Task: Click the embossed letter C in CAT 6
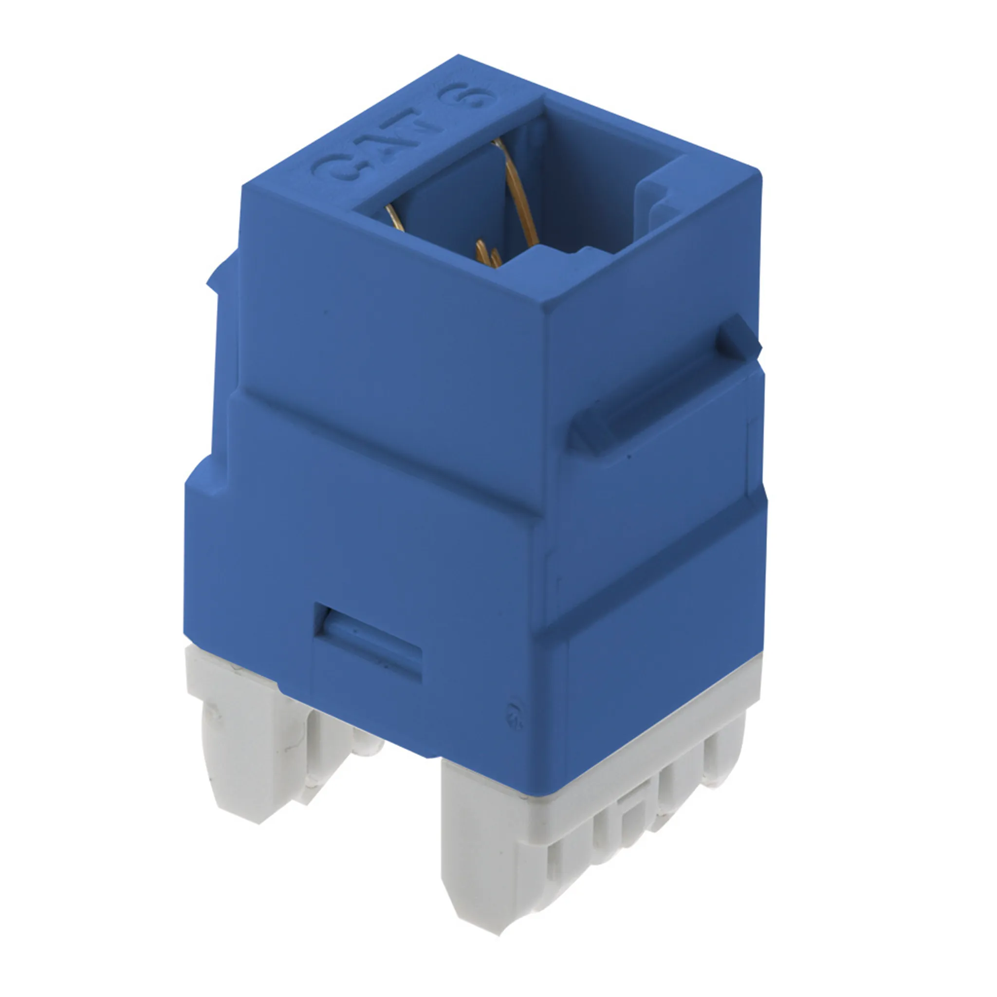(330, 166)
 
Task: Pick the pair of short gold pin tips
(488, 255)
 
